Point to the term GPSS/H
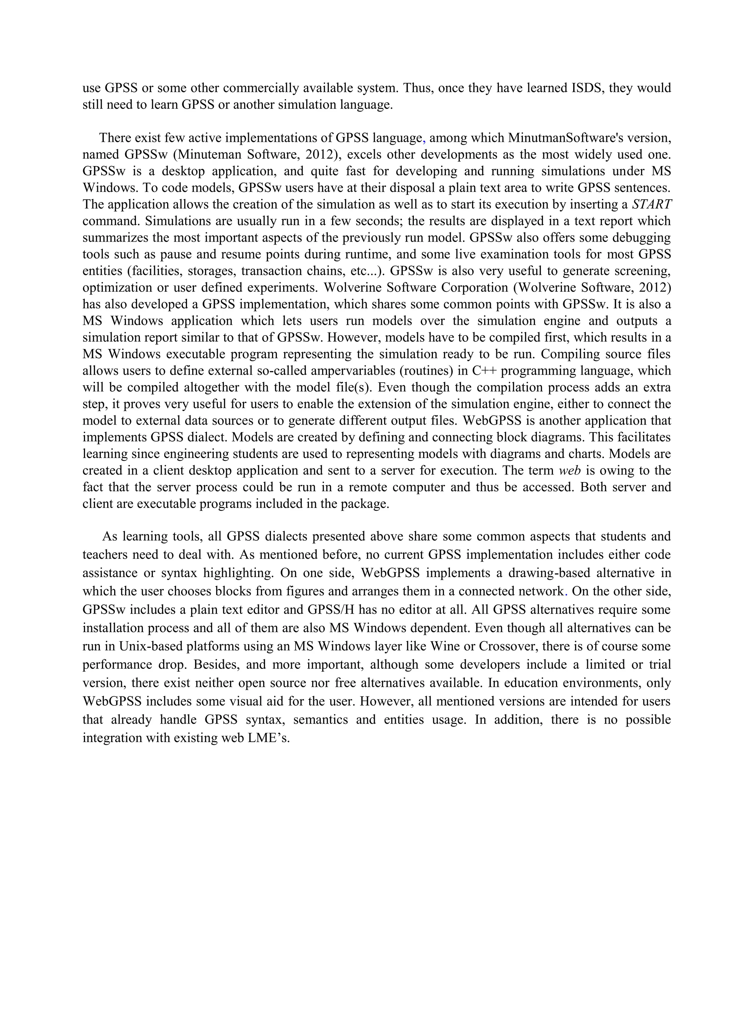(332, 610)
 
